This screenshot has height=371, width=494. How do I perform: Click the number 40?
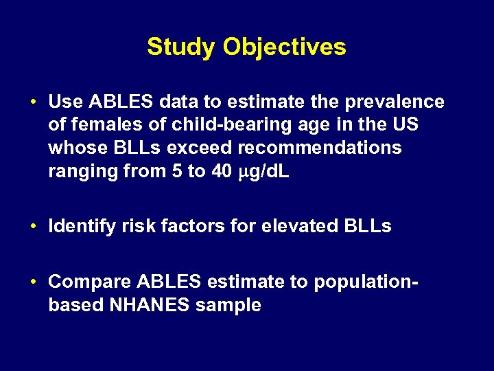tap(222, 172)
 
